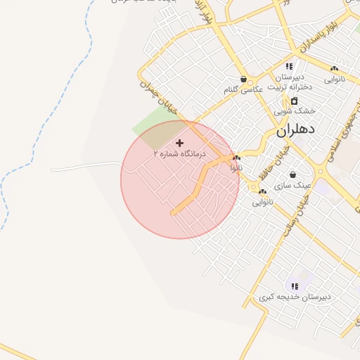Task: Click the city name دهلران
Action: pyautogui.click(x=297, y=130)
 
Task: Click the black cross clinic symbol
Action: pyautogui.click(x=179, y=143)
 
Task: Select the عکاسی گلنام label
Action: pyautogui.click(x=243, y=90)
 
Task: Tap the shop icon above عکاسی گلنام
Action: pyautogui.click(x=243, y=79)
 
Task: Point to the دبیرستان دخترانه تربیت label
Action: pyautogui.click(x=290, y=82)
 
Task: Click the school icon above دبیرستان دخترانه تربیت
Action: pyautogui.click(x=289, y=65)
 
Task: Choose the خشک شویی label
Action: pyautogui.click(x=295, y=111)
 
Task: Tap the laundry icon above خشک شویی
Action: pyautogui.click(x=294, y=101)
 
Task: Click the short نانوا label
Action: pyautogui.click(x=238, y=168)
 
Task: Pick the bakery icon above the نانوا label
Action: pyautogui.click(x=237, y=158)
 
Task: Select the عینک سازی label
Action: pyautogui.click(x=292, y=185)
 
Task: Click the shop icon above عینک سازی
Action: pyautogui.click(x=292, y=175)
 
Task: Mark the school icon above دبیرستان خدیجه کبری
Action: pyautogui.click(x=295, y=286)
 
